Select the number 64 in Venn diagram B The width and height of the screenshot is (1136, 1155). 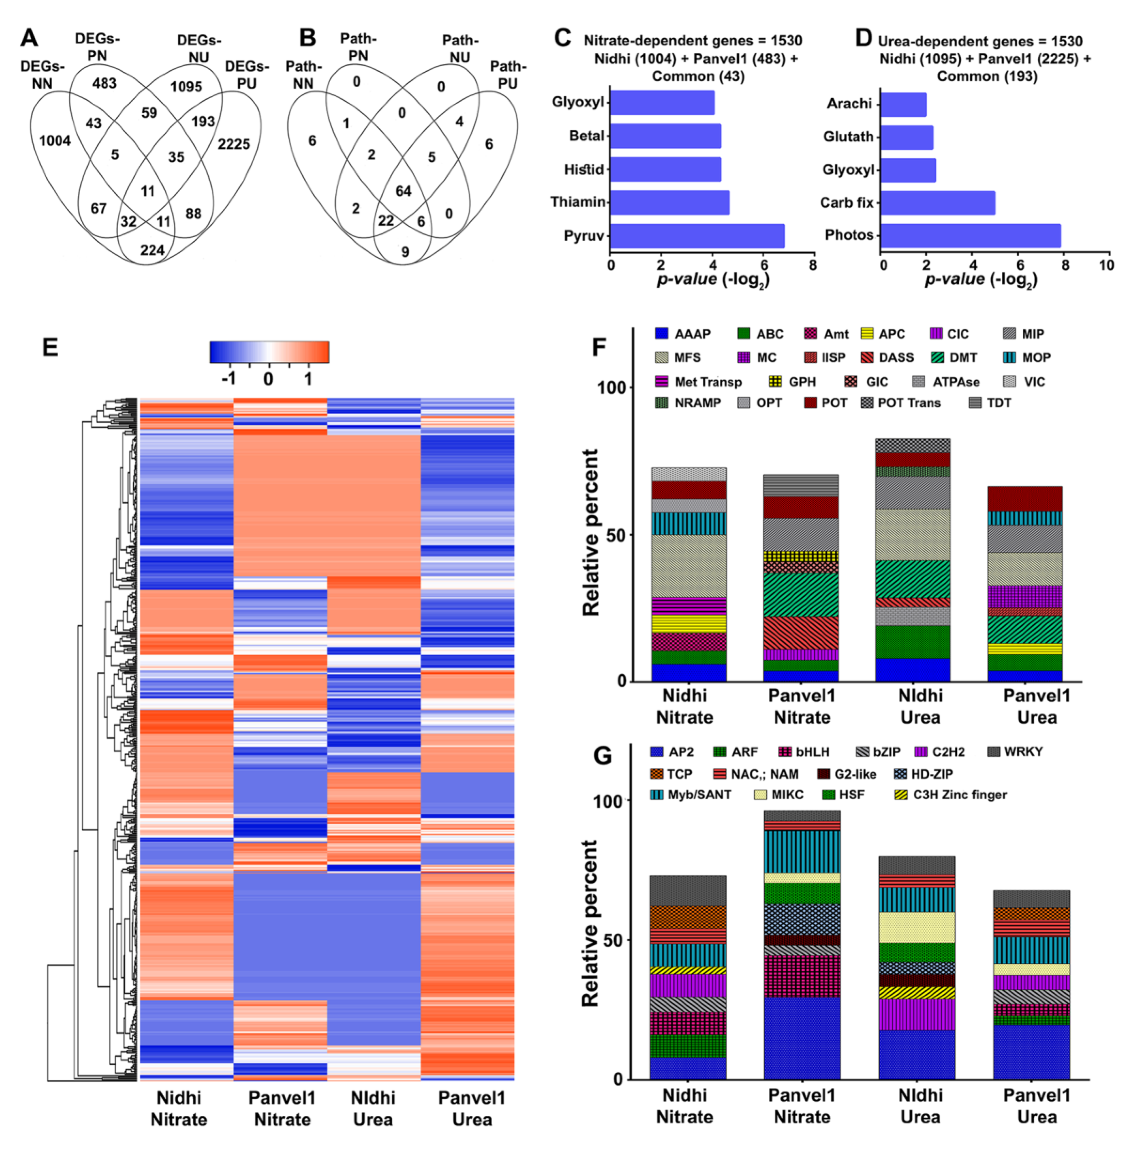tap(403, 191)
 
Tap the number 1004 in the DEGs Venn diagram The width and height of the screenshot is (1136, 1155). tap(55, 141)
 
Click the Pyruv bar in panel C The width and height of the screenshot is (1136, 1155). tap(697, 236)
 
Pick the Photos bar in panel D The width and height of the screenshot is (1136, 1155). tap(970, 235)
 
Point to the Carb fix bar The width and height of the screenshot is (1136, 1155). tap(937, 203)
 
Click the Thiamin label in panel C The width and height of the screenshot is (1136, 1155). tap(577, 202)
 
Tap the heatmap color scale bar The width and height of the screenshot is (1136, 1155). tap(269, 352)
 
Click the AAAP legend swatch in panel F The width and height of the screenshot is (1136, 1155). tap(661, 333)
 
